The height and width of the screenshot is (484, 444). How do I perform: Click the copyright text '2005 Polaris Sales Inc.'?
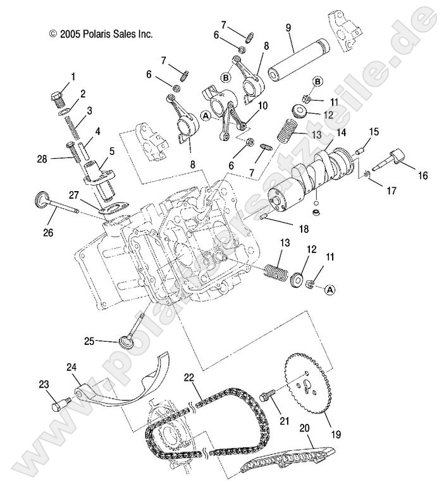click(101, 34)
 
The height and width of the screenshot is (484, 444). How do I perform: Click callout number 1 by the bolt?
click(72, 77)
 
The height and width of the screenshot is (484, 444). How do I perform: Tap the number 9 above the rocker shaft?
click(288, 27)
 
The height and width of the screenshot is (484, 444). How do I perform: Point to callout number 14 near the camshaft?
click(341, 133)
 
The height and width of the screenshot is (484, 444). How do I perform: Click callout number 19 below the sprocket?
click(336, 435)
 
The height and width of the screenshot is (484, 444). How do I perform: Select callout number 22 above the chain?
click(188, 378)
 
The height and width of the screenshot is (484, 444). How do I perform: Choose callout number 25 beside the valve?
click(90, 341)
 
